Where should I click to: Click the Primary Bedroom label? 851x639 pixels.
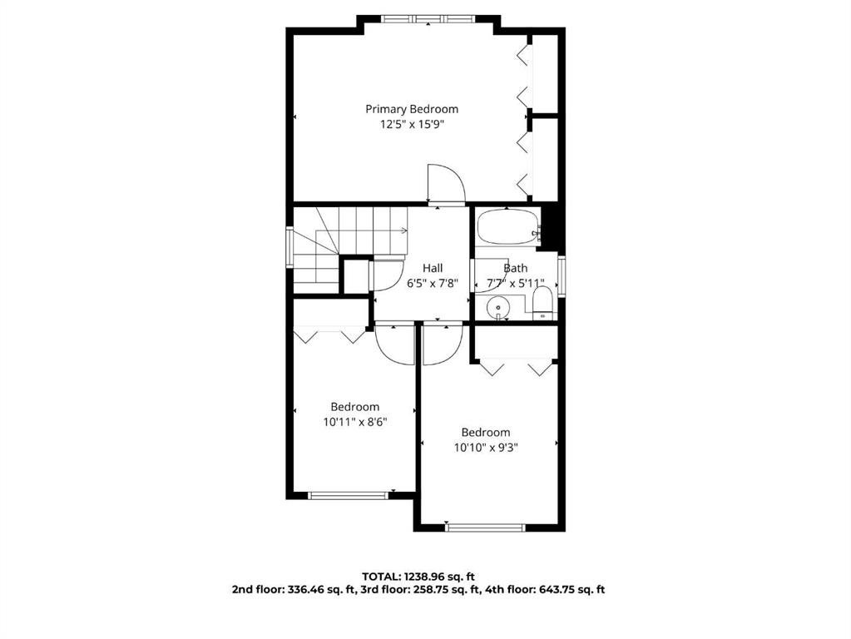pos(412,109)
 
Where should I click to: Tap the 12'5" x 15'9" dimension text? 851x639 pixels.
pos(412,124)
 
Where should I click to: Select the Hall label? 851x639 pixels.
pos(433,268)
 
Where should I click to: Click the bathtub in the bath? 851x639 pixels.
pos(508,227)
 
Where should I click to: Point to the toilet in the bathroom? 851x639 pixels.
pos(542,303)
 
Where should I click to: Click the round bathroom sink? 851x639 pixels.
pos(498,308)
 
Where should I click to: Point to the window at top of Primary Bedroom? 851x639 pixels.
pos(428,18)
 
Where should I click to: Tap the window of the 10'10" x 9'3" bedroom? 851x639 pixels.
pos(486,528)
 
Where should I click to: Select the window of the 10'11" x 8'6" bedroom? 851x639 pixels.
pos(349,495)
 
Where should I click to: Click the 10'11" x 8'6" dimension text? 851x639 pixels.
pos(355,422)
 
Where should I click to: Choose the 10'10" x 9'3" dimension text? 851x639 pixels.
pos(486,448)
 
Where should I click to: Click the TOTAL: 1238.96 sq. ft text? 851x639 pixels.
pos(418,577)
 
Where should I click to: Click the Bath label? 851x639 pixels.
pos(515,268)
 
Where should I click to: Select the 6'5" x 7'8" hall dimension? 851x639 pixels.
pos(433,283)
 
